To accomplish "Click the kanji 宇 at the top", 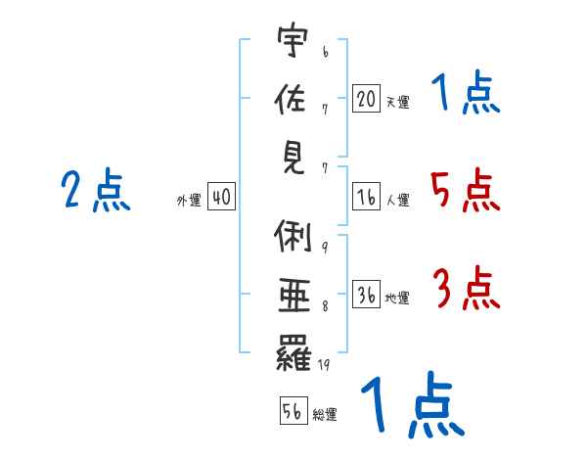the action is point(293,40).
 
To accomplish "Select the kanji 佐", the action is point(291,98).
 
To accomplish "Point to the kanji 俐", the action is point(293,236).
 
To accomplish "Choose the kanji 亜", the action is point(294,296).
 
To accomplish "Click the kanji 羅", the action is point(293,352).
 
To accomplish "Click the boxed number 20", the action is point(367,98).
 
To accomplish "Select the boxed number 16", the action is point(367,197).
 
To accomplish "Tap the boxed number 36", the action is point(367,294).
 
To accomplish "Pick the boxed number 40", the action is point(222,196).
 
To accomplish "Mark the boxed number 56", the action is point(293,410).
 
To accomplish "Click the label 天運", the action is point(398,102).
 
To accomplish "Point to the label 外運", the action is point(189,200).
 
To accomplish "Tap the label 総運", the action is point(325,415).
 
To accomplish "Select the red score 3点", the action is point(467,288).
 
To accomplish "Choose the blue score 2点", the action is point(96,190).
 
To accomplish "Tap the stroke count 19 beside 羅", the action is point(324,364).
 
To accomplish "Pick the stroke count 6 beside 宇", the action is point(326,52).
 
